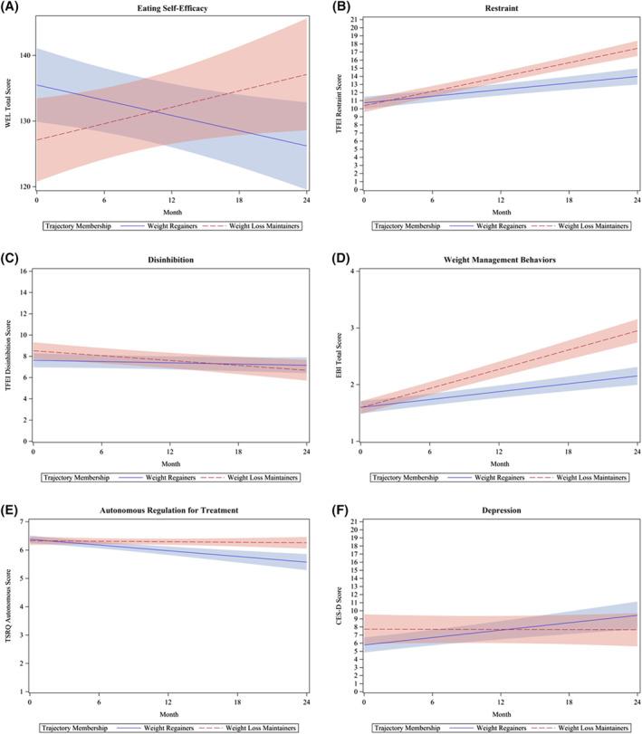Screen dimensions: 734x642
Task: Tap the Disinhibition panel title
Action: (x=169, y=261)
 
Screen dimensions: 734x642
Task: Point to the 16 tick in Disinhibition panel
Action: (x=24, y=272)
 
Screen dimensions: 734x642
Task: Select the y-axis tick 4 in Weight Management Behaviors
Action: (x=349, y=272)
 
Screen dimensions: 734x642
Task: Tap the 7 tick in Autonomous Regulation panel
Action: (x=24, y=522)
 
